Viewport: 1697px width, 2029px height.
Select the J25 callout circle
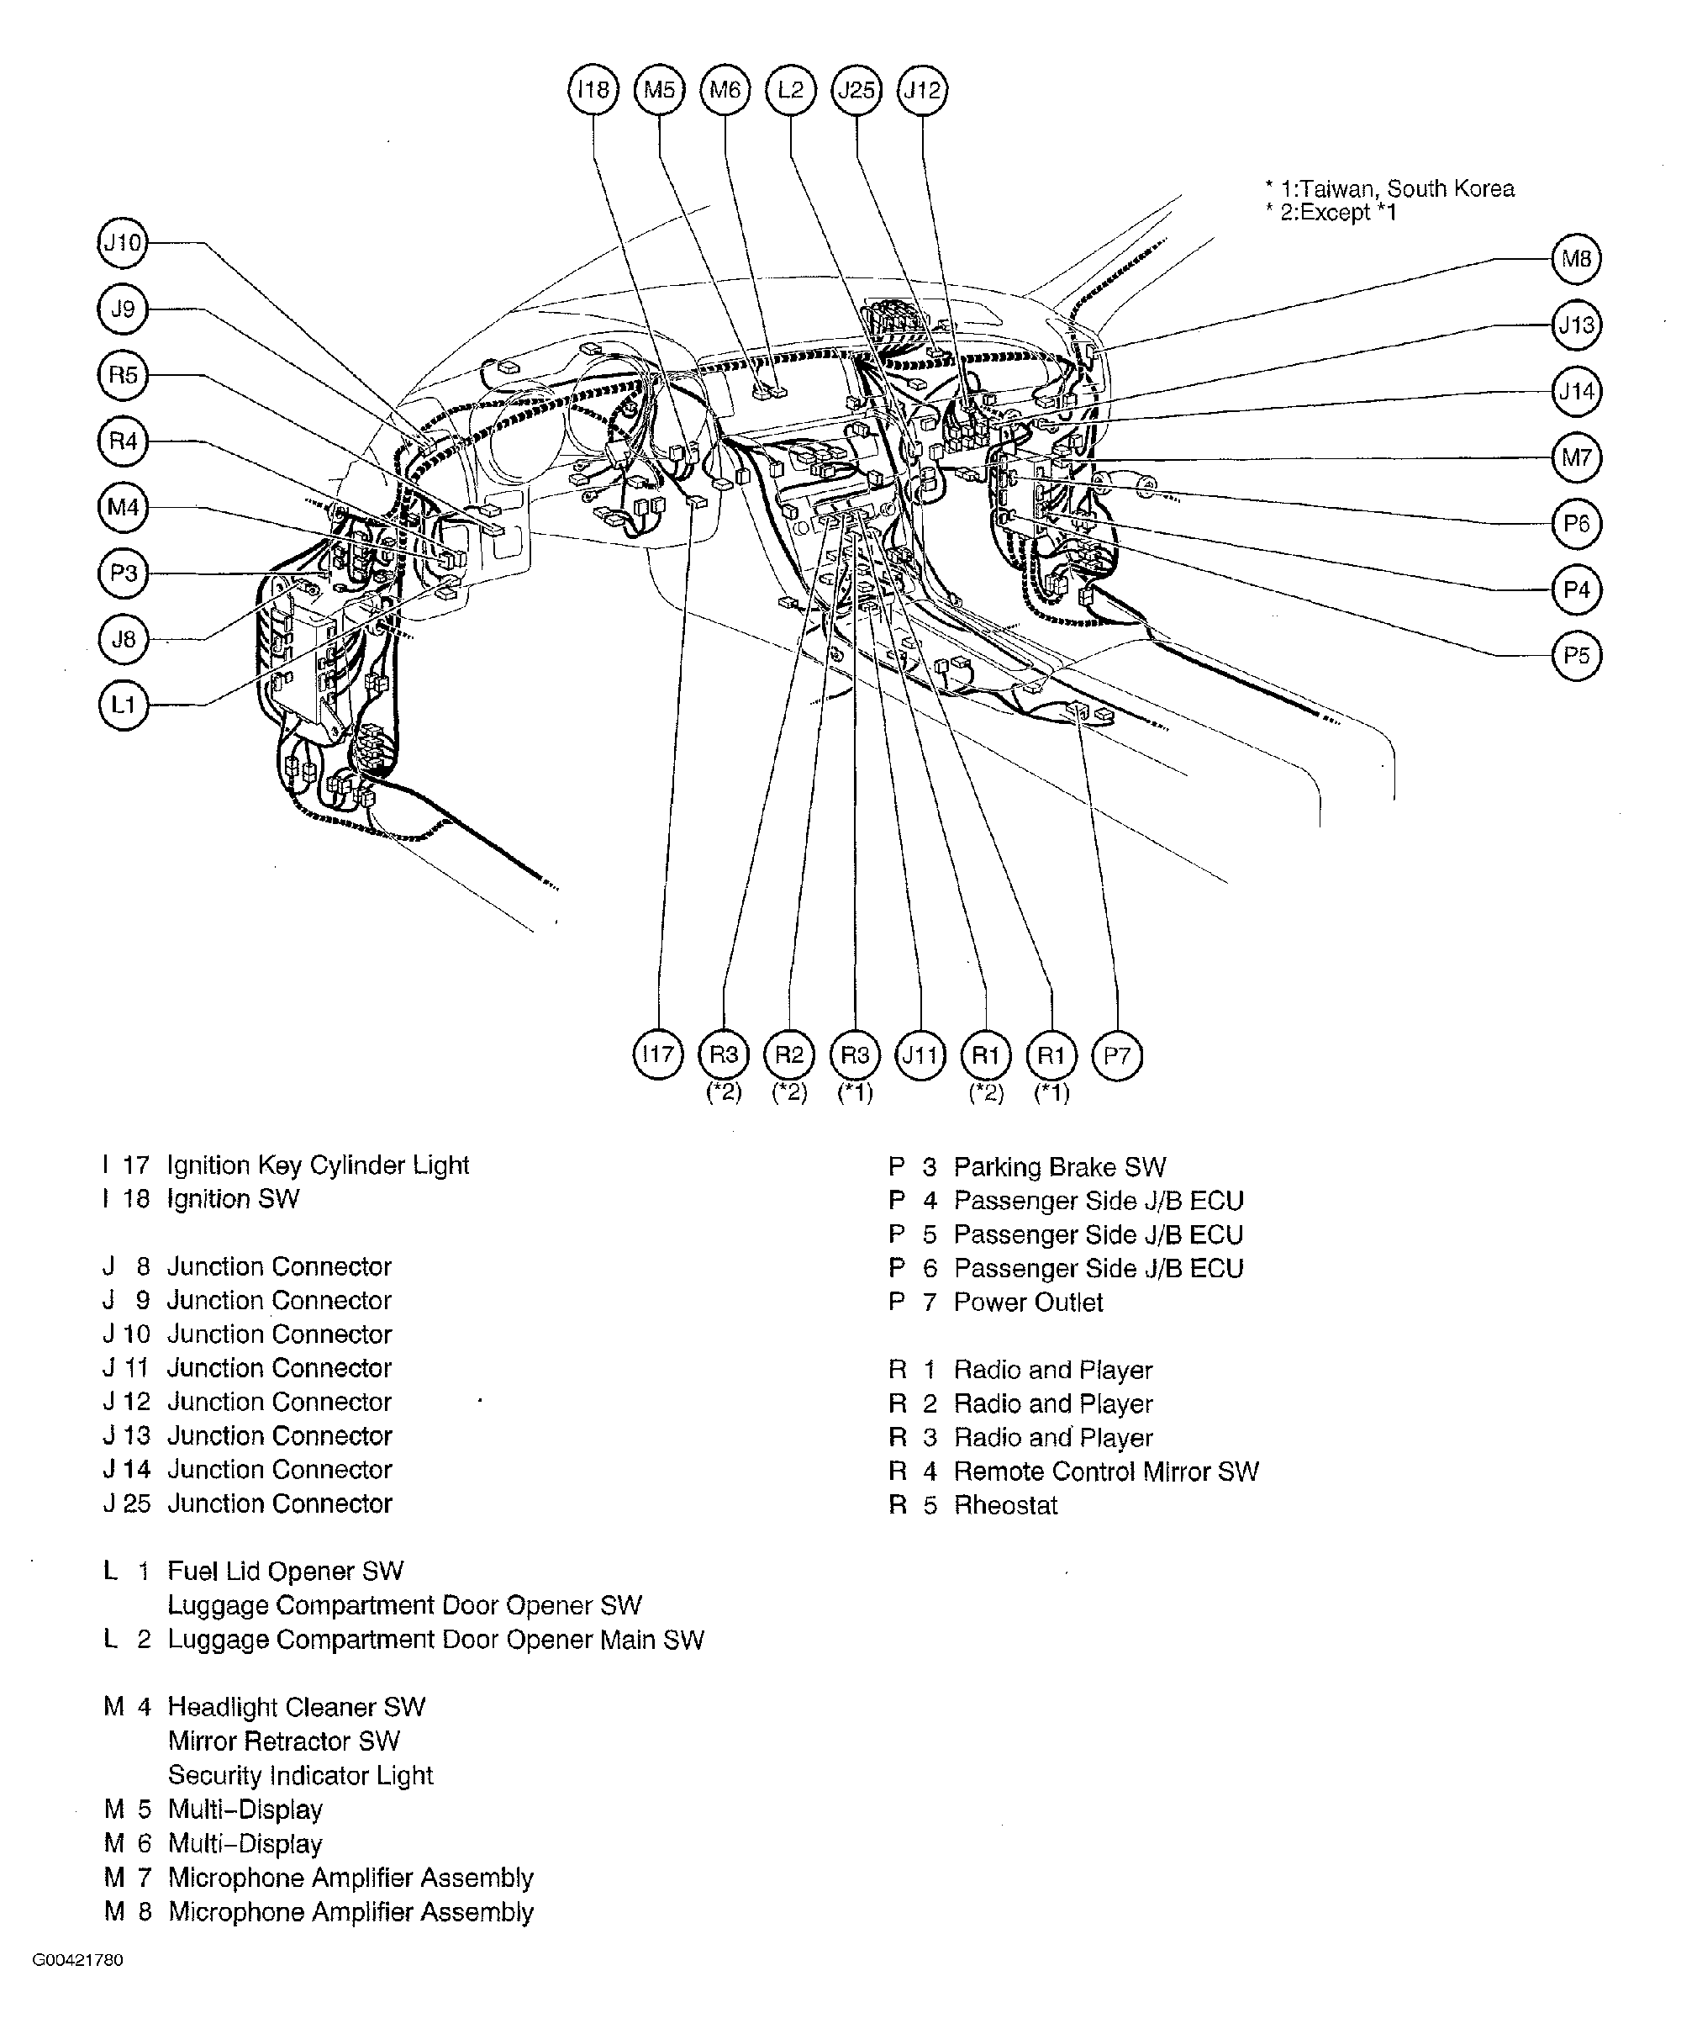856,90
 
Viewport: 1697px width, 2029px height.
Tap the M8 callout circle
1576,259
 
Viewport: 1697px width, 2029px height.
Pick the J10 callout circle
123,242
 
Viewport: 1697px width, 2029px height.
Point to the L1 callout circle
123,705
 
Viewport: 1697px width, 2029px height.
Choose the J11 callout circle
920,1054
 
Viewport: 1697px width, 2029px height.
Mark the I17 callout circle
658,1054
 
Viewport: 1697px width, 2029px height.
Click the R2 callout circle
789,1054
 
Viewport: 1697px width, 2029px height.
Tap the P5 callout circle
1576,655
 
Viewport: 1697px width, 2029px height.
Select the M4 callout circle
123,507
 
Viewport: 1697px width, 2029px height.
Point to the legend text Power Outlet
1028,1302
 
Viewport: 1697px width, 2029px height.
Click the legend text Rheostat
1005,1505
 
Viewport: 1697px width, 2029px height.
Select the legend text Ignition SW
233,1199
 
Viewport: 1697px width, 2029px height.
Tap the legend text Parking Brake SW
1060,1167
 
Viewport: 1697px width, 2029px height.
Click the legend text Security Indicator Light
300,1775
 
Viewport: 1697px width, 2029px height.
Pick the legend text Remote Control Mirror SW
1106,1472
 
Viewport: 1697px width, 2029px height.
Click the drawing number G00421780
78,1960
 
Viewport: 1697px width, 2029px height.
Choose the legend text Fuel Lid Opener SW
285,1571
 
